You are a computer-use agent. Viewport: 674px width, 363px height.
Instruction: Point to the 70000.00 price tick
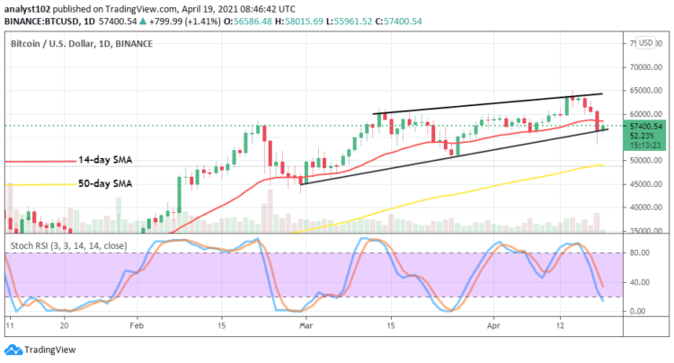pyautogui.click(x=641, y=67)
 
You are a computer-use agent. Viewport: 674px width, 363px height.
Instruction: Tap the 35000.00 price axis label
pyautogui.click(x=641, y=231)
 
